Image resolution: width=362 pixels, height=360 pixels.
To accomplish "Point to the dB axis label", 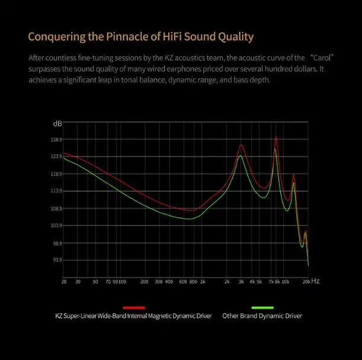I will (57, 123).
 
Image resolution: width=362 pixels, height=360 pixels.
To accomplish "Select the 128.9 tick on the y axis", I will (56, 140).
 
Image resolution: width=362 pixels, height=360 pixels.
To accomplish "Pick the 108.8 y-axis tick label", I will (56, 209).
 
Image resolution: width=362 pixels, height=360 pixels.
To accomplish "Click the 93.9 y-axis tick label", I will (56, 260).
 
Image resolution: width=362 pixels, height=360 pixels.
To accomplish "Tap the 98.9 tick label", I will (56, 243).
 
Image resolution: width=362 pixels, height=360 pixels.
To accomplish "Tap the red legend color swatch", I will (134, 307).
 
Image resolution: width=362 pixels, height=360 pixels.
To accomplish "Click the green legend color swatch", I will (262, 307).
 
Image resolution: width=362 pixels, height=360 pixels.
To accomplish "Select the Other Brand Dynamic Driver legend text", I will (262, 316).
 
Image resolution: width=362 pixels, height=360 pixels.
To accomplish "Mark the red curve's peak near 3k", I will (241, 145).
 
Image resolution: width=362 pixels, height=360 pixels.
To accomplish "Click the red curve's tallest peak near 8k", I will (276, 136).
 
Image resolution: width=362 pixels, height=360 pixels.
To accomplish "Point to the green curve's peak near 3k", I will (240, 156).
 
